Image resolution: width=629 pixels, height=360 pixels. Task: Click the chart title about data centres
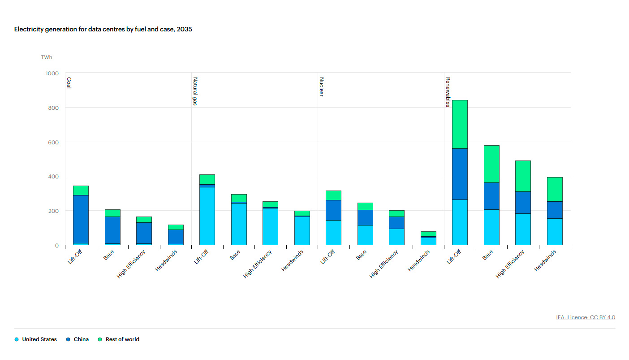click(103, 29)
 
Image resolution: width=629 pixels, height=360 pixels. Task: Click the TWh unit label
click(47, 57)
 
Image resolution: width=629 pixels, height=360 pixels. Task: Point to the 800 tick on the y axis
click(52, 108)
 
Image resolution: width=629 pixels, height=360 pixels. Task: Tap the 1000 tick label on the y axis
click(52, 73)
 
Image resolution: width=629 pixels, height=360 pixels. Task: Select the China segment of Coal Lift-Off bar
click(81, 219)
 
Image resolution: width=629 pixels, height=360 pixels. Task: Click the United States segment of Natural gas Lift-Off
click(207, 215)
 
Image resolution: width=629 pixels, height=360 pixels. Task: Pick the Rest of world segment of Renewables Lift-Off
click(460, 124)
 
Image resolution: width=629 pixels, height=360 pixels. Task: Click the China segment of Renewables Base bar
click(491, 196)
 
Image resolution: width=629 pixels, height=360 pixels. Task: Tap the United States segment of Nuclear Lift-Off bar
click(333, 232)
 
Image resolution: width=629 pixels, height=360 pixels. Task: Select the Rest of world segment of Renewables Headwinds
click(554, 189)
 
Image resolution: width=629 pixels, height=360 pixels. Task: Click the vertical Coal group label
click(69, 83)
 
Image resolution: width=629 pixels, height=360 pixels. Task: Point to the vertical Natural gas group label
click(195, 91)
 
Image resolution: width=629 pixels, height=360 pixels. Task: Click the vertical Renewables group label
click(448, 92)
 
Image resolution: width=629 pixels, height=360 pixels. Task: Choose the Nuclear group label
click(321, 87)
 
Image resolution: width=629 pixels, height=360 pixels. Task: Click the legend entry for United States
click(36, 339)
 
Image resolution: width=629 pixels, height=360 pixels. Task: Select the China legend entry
click(78, 339)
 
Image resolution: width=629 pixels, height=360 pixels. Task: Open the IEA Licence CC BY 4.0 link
click(586, 317)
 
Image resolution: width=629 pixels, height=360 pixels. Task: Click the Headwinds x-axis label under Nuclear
click(419, 260)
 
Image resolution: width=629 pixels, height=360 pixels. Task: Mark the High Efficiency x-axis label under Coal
click(131, 265)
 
